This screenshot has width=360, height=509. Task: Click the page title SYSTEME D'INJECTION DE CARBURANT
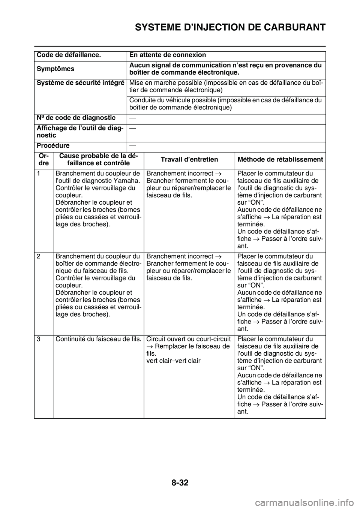point(230,27)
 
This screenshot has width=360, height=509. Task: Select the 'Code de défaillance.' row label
point(68,55)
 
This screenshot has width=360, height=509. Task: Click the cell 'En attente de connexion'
point(168,55)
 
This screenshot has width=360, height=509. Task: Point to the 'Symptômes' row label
point(55,69)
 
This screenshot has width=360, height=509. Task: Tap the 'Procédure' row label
point(53,146)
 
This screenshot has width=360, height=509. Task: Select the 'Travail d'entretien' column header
point(189,159)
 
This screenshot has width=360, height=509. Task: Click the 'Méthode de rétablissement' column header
point(280,159)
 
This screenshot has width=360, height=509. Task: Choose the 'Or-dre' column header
point(43,160)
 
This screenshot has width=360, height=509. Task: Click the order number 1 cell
point(39,174)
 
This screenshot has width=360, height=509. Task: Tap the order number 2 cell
point(39,256)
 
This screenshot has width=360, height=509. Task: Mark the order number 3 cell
point(39,339)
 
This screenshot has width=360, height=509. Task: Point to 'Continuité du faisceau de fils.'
point(98,339)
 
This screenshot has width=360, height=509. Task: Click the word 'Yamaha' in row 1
point(130,181)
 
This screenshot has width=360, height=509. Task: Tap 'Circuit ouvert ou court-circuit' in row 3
point(188,339)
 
